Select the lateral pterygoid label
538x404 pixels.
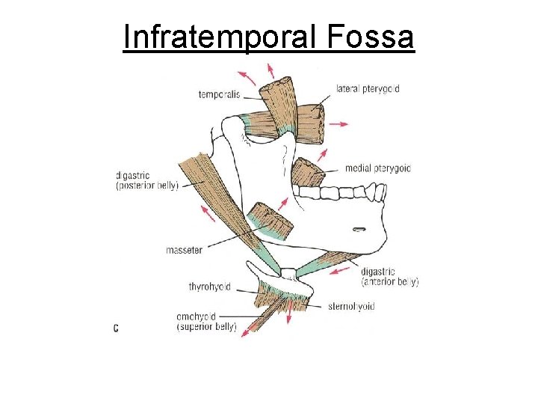tap(368, 88)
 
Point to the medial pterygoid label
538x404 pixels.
tap(378, 168)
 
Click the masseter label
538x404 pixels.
tap(184, 250)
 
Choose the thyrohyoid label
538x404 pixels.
tap(209, 287)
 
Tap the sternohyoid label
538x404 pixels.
tap(351, 306)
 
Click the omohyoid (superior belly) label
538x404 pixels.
tap(206, 321)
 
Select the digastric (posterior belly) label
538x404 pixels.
tap(147, 180)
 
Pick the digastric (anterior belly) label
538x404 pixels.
tap(389, 276)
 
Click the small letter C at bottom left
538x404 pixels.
tap(116, 328)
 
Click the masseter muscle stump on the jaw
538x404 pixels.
tap(270, 221)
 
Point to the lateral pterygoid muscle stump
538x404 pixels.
tap(309, 123)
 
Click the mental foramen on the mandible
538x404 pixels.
tap(359, 229)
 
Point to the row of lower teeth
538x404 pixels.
tap(340, 192)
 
